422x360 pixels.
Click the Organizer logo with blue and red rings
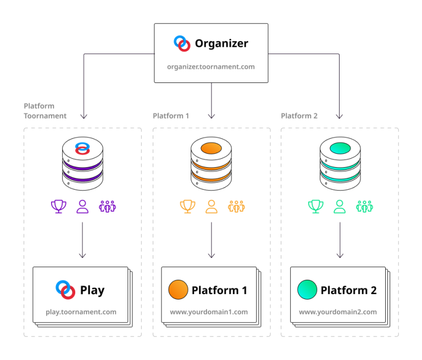coord(182,43)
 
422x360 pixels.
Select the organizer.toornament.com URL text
coord(211,67)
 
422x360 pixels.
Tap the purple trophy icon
coord(59,207)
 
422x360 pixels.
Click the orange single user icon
coord(211,207)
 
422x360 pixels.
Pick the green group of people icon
coord(364,207)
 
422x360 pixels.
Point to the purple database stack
coord(82,163)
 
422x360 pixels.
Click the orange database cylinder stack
coord(211,163)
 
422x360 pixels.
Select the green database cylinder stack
coord(340,163)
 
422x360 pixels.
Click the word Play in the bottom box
coord(92,290)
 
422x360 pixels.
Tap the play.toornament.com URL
coord(81,312)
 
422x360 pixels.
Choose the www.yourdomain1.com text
coord(209,312)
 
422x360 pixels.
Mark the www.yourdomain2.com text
coord(338,312)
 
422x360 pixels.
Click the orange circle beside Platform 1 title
coord(178,290)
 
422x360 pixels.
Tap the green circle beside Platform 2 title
coord(307,290)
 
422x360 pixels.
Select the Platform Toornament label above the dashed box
coord(45,110)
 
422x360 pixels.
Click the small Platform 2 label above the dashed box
coord(299,116)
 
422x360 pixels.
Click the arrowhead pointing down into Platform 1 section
coord(211,116)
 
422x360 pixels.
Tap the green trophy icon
coord(315,207)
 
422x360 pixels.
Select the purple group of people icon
coord(107,207)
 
